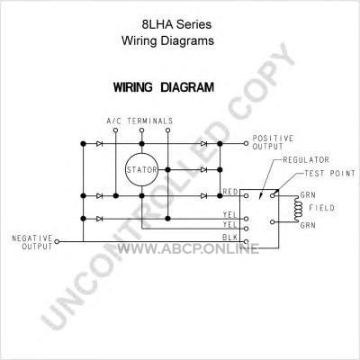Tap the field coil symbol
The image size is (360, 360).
pyautogui.click(x=297, y=209)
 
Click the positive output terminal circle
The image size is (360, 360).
pyautogui.click(x=246, y=143)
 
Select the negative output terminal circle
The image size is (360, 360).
pyautogui.click(x=57, y=241)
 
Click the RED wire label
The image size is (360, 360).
pyautogui.click(x=230, y=192)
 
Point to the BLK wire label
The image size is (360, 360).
pyautogui.click(x=230, y=238)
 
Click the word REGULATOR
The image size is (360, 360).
pyautogui.click(x=306, y=160)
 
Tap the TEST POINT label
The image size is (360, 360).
pyautogui.click(x=329, y=174)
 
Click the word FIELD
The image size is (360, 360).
pyautogui.click(x=322, y=208)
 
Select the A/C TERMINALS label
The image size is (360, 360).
pyautogui.click(x=139, y=121)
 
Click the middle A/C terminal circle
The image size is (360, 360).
pyautogui.click(x=142, y=130)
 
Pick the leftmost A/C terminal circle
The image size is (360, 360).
pyautogui.click(x=116, y=130)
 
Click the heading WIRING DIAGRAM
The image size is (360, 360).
pyautogui.click(x=164, y=87)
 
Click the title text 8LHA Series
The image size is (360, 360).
pyautogui.click(x=176, y=24)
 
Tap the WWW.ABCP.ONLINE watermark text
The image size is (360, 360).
pyautogui.click(x=188, y=248)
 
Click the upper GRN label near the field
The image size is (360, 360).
pyautogui.click(x=308, y=195)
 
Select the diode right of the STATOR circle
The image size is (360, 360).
pyautogui.click(x=203, y=170)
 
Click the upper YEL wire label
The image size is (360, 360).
pyautogui.click(x=230, y=215)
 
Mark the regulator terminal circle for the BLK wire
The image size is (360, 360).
pyautogui.click(x=246, y=241)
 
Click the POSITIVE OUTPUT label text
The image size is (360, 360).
pyautogui.click(x=273, y=142)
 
